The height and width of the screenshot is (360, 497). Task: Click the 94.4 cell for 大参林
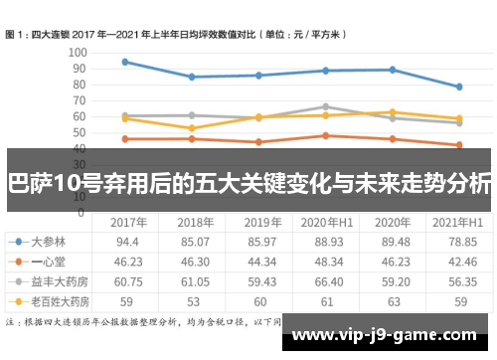pos(126,242)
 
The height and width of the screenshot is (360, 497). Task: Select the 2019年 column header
pos(262,223)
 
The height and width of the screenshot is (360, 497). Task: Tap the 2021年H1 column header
pos(458,223)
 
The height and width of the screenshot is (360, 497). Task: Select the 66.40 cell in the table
pos(326,279)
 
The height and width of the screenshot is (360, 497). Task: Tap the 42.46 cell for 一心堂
pos(458,261)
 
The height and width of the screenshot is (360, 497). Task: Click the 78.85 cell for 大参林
pos(458,242)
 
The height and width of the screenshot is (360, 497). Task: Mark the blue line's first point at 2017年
pos(124,62)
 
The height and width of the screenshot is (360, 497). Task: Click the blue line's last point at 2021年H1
pos(458,87)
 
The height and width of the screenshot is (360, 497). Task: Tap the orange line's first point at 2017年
pos(124,138)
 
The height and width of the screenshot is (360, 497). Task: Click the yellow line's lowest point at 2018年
pos(191,128)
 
